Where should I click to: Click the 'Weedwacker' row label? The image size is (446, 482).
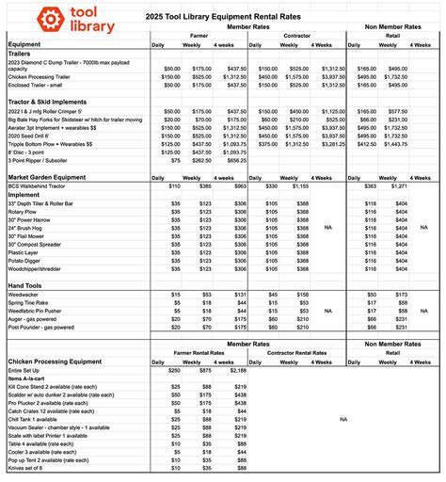[x=27, y=295]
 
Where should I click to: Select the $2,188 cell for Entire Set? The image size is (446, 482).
[x=234, y=371]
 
